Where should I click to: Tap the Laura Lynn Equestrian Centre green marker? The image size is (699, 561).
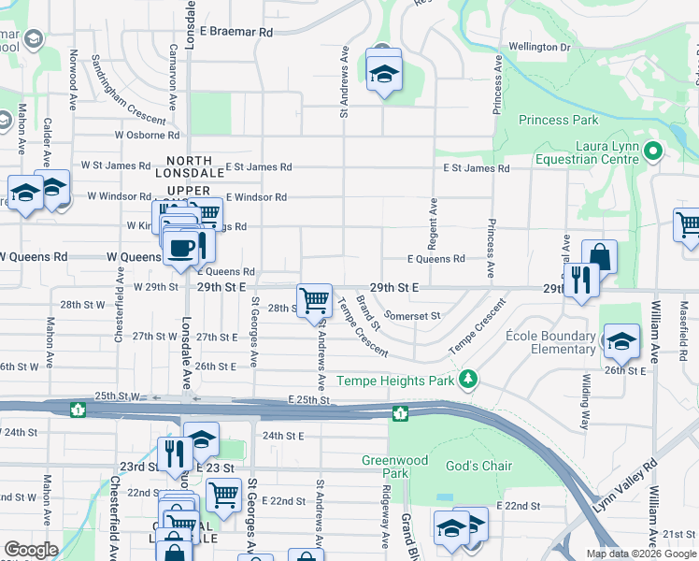pyautogui.click(x=653, y=150)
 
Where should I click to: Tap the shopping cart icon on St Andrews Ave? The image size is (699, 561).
pyautogui.click(x=315, y=300)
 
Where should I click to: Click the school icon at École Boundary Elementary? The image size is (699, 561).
pyautogui.click(x=621, y=341)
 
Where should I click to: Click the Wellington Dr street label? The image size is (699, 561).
pyautogui.click(x=539, y=47)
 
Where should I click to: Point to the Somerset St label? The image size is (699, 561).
pyautogui.click(x=412, y=316)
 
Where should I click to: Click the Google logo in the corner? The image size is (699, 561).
pyautogui.click(x=32, y=549)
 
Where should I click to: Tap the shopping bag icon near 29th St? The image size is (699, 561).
pyautogui.click(x=599, y=256)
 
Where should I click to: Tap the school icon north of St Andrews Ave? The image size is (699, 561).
pyautogui.click(x=382, y=72)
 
